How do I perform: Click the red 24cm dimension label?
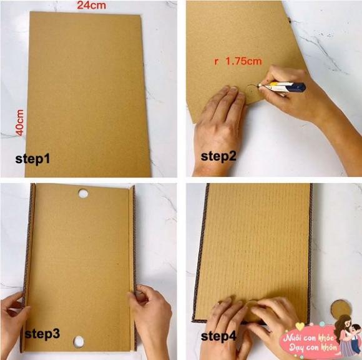point(92,6)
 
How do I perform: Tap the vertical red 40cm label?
point(20,122)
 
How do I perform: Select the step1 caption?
point(32,159)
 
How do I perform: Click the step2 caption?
point(218,156)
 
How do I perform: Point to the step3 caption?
point(42,334)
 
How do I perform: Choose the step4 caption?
point(218,336)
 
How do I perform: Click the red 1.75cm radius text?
point(238,61)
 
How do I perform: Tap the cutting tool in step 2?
point(282,87)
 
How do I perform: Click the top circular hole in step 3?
point(83,194)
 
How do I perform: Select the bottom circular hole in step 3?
point(79,341)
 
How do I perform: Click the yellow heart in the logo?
point(300,326)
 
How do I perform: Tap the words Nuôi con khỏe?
point(309,338)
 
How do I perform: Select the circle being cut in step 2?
point(252,93)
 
